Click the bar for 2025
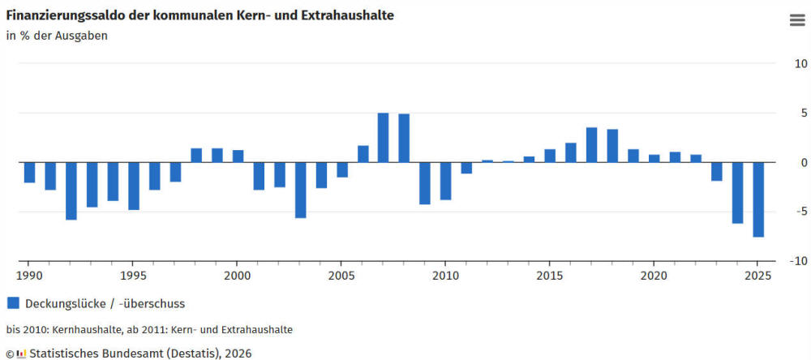758,199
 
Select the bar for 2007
384,138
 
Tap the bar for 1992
71,191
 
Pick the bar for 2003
300,190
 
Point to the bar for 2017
591,145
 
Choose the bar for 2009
425,183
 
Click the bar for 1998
196,156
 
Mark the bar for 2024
737,193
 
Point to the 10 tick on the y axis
800,64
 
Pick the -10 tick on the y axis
797,262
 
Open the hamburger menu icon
796,20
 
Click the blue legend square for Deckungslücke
13,303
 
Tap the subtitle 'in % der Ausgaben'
57,36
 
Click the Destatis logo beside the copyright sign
22,354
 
